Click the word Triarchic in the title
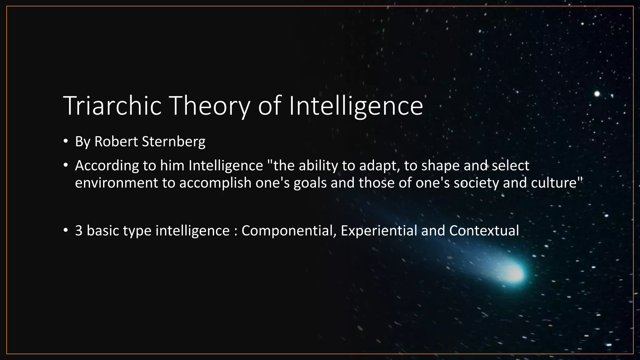click(x=112, y=106)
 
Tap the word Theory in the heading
click(x=210, y=106)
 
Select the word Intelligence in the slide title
click(x=356, y=106)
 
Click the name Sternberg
click(x=174, y=142)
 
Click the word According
click(x=107, y=166)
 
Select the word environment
click(x=116, y=183)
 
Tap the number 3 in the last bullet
click(x=78, y=231)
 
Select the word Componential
click(x=289, y=231)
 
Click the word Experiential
click(x=379, y=231)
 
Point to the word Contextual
click(x=484, y=231)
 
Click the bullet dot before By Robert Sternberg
click(x=65, y=142)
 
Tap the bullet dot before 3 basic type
click(x=65, y=231)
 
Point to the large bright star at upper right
click(x=597, y=94)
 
